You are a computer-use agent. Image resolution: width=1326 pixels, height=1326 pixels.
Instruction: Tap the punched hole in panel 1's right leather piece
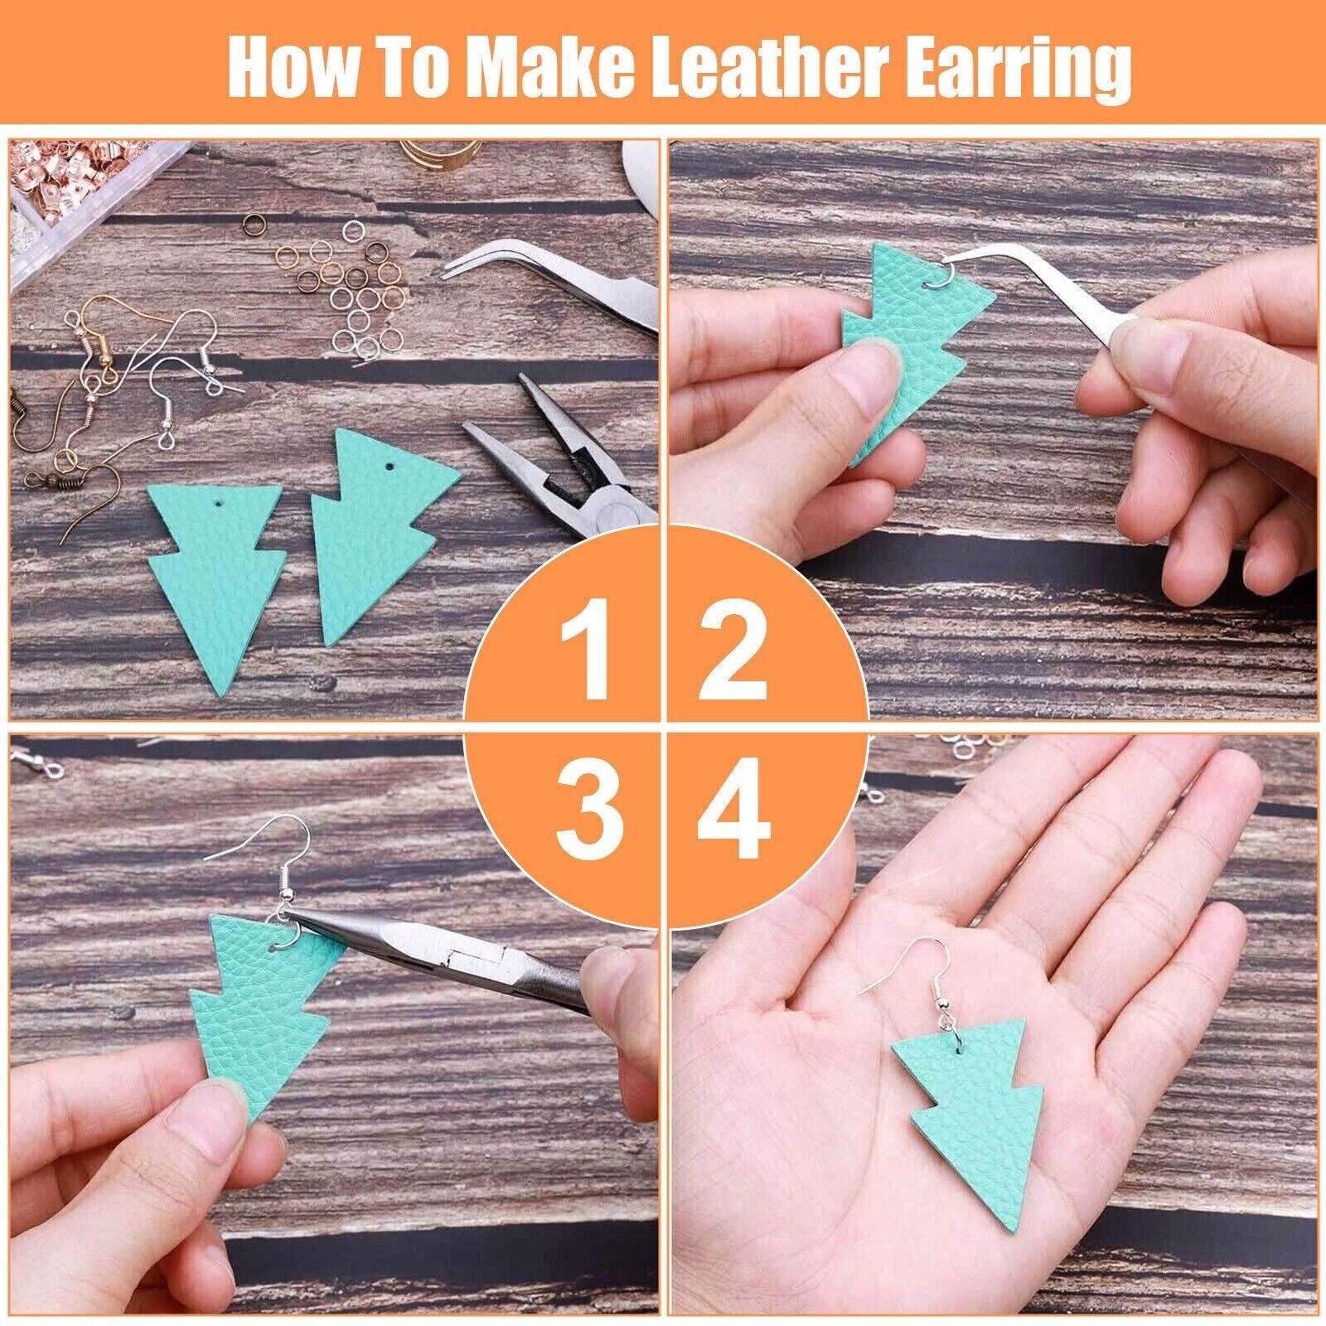[386, 469]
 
